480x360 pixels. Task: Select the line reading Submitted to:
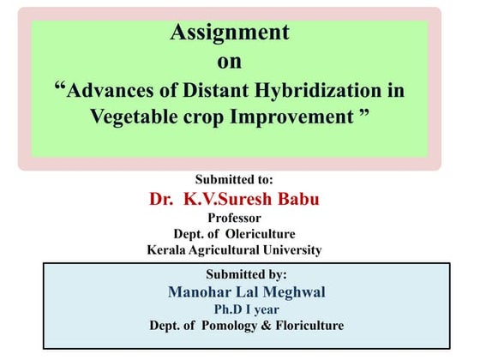pos(234,180)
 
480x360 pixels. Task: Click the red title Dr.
pos(162,199)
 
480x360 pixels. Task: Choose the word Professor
pos(234,219)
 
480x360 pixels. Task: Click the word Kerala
pos(169,250)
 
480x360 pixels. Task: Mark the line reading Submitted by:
pos(246,275)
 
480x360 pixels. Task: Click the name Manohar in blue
pos(201,291)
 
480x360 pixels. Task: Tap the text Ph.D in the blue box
pos(228,309)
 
